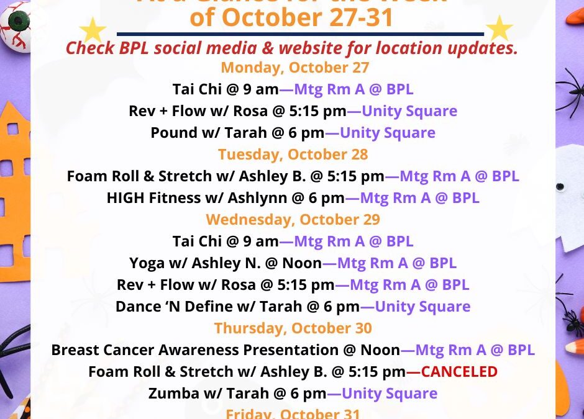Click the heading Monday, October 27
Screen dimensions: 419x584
[295, 67]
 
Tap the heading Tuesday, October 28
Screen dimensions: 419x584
[293, 154]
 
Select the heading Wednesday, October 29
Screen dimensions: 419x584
[293, 219]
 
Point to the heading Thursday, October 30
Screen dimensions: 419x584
[293, 328]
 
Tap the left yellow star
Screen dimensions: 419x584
[93, 29]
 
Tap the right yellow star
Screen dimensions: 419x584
[499, 29]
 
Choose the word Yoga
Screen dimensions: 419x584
[147, 263]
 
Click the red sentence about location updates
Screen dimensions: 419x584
[292, 48]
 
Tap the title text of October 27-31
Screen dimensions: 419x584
[292, 17]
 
